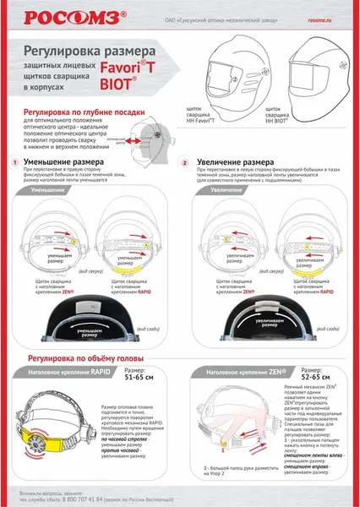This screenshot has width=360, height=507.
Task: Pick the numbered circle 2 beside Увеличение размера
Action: pyautogui.click(x=185, y=161)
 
